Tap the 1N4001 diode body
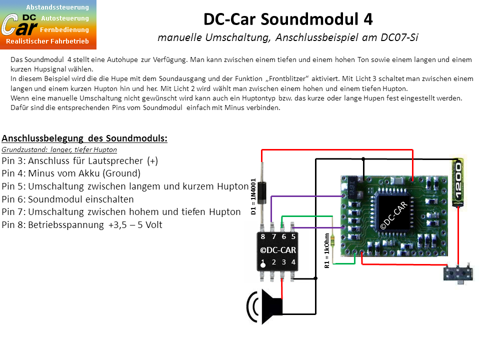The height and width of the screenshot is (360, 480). [261, 192]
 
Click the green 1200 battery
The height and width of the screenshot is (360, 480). [458, 182]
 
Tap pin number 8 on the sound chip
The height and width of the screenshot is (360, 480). [263, 236]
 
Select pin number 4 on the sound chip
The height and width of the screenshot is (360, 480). [293, 262]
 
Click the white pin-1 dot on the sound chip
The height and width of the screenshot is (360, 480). [263, 265]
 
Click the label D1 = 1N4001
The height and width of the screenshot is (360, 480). [253, 196]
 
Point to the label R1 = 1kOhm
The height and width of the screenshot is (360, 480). [327, 250]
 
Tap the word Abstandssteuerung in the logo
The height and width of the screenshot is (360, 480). [57, 7]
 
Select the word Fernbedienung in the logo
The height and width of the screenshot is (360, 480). [64, 29]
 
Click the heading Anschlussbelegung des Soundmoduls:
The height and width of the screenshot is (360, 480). [84, 138]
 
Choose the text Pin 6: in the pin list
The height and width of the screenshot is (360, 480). [14, 199]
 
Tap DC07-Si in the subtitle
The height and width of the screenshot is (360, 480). [399, 37]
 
